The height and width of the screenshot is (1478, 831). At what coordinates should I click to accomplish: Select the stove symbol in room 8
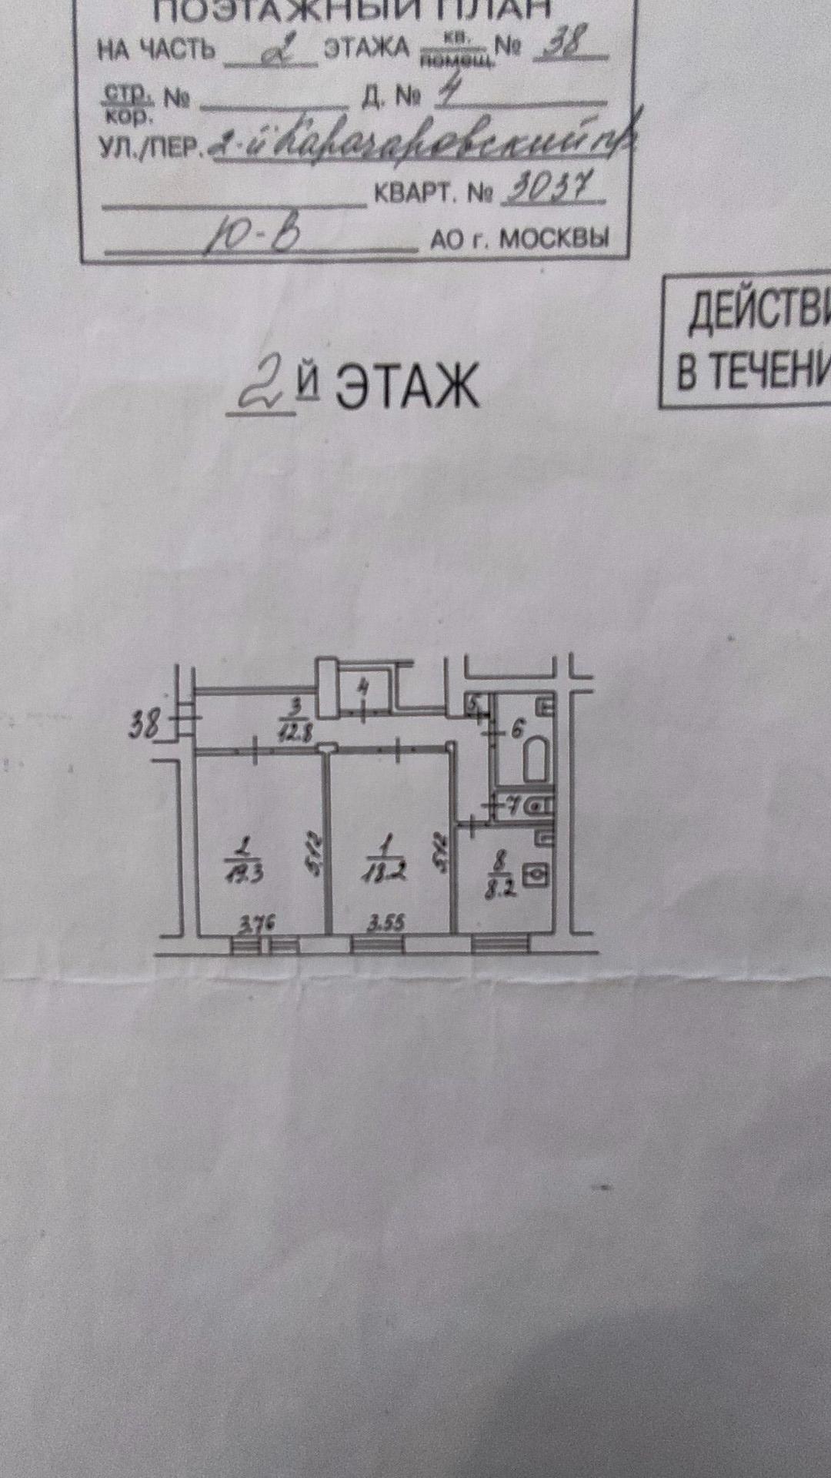pos(536,875)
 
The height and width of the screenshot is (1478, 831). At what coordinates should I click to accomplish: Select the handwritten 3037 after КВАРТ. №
pos(552,189)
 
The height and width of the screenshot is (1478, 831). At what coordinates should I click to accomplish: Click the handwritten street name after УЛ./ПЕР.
pos(419,143)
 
